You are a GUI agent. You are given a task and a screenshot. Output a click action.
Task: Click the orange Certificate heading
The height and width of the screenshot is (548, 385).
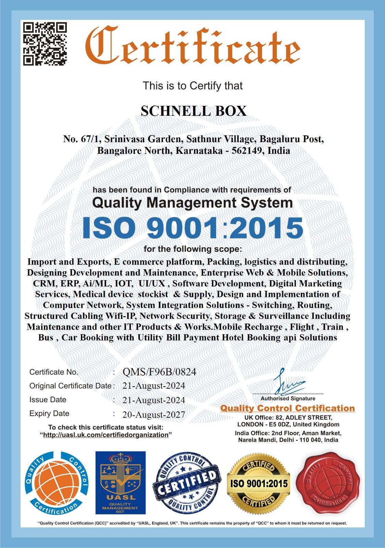pos(192,46)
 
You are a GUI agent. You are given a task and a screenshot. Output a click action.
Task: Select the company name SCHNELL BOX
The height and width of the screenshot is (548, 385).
pos(194,111)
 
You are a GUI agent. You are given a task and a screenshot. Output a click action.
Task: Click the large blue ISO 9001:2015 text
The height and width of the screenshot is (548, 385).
pos(192,228)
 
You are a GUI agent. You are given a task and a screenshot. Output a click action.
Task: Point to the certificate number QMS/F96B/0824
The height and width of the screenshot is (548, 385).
pos(159,372)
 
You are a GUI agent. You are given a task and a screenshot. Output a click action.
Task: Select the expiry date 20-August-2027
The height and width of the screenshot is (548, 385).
pos(153,415)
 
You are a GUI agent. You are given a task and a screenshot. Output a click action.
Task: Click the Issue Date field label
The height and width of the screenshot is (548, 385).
pos(48,400)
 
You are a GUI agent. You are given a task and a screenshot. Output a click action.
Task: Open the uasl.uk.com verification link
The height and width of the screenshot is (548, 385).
pos(106,435)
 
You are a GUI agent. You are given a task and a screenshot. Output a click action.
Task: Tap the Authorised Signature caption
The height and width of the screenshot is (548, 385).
pos(288,399)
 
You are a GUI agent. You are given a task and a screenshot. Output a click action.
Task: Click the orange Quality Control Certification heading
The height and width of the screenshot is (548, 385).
pos(287,408)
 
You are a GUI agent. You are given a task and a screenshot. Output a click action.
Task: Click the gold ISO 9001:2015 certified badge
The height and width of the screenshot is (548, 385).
pos(259,484)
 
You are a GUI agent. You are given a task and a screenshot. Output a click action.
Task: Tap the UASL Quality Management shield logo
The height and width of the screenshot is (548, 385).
pos(120,483)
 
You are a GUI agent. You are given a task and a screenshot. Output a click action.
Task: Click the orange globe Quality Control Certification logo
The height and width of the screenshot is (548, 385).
pos(57,483)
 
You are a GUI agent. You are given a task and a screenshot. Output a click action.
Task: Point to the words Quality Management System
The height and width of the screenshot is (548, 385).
pos(192,202)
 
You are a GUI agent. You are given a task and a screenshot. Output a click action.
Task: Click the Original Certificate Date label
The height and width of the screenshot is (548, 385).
pos(70,386)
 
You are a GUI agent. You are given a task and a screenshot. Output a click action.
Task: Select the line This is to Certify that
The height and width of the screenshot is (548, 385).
pos(192,86)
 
